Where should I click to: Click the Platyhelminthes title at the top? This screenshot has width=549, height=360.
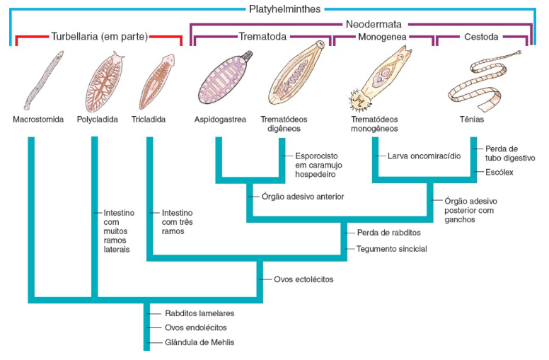pyautogui.click(x=285, y=8)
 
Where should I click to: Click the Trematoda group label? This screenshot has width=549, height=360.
pyautogui.click(x=262, y=37)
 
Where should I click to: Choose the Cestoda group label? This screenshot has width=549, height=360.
pyautogui.click(x=480, y=37)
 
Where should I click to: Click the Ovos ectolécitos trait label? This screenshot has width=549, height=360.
pyautogui.click(x=304, y=280)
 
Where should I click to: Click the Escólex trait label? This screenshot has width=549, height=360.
pyautogui.click(x=499, y=173)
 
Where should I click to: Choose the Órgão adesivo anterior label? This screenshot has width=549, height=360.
pyautogui.click(x=302, y=197)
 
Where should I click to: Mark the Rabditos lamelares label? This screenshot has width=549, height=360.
pyautogui.click(x=200, y=313)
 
